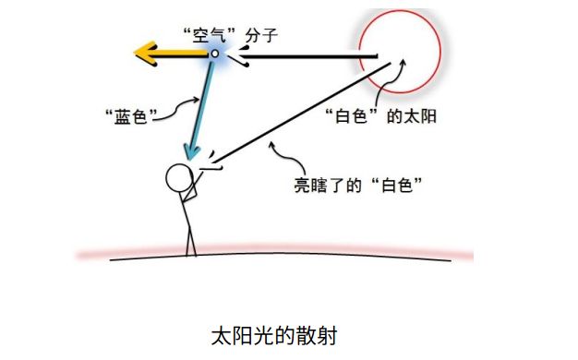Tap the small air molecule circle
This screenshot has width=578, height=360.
(x=214, y=54)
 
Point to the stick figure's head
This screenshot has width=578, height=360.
(x=177, y=176)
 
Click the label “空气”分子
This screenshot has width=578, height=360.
(x=219, y=33)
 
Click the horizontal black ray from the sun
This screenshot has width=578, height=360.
(x=305, y=57)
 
